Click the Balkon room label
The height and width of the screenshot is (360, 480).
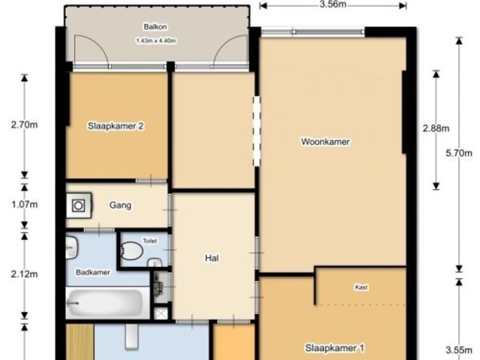pos(155,27)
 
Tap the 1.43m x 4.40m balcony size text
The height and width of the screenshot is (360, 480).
pos(156,40)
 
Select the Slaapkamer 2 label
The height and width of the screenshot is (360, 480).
pos(115,126)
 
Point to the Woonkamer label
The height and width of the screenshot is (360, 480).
pos(325,142)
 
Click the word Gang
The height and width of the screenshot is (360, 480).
pos(120,205)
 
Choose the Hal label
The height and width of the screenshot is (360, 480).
pos(211,258)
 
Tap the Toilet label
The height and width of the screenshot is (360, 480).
pos(150,241)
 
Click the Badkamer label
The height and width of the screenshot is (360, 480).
pos(93,272)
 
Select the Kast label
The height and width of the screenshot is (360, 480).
pos(361,287)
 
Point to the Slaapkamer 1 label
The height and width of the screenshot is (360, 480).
pos(334,348)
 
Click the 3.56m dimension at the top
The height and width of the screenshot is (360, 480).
pos(333,4)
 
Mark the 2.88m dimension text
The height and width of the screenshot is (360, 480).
pos(436,128)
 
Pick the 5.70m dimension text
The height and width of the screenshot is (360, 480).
pos(459,153)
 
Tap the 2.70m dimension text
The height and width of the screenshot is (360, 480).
pos(25,125)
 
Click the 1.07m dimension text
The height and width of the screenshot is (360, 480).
pos(25,204)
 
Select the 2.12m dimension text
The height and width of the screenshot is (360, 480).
pos(25,274)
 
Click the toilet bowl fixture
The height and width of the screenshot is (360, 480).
pos(132,251)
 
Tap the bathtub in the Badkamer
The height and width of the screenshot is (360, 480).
pos(106,303)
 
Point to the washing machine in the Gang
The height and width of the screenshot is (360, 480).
pos(79,205)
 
